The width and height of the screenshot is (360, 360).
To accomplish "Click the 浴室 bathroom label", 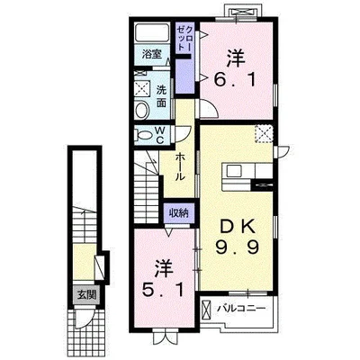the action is click(152, 54).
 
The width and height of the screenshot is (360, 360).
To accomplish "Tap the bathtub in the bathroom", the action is click(152, 32).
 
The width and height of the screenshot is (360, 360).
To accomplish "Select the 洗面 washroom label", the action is click(161, 96).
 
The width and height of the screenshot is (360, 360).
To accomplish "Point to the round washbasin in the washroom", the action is click(142, 111).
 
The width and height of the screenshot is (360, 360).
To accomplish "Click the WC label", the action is click(159, 135).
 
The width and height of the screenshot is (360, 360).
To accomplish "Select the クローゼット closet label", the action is click(184, 38).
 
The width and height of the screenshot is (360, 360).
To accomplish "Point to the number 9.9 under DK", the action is click(237, 247).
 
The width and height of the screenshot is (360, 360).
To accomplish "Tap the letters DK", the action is click(238, 227).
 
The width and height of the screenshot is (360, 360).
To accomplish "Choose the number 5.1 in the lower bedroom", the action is click(163, 290).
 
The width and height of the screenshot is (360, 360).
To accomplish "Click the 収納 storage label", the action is click(178, 213).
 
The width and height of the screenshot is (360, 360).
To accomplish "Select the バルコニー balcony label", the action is click(242, 309).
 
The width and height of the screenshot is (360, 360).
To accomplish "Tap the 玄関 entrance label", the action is click(87, 295).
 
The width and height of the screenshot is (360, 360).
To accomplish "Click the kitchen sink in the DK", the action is click(233, 172).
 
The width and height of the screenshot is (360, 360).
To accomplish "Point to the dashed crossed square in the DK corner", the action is click(264, 134).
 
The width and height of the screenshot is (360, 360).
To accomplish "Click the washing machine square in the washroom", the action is click(142, 88).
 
